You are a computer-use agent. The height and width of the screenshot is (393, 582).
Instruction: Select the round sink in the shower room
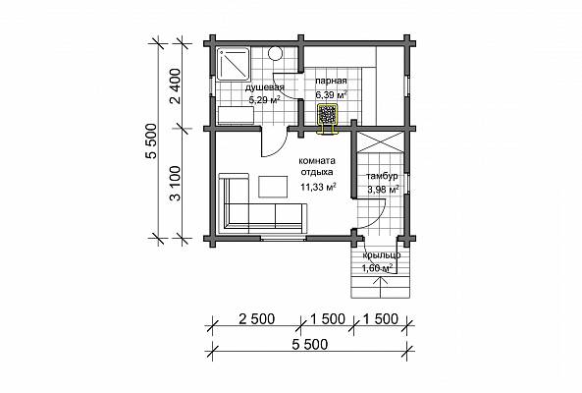pyautogui.click(x=275, y=53)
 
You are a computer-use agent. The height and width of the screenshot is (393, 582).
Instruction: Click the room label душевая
pyautogui.click(x=265, y=87)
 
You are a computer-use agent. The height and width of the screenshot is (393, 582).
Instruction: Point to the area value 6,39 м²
pyautogui.click(x=332, y=94)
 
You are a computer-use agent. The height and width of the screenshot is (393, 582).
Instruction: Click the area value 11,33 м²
pyautogui.click(x=318, y=187)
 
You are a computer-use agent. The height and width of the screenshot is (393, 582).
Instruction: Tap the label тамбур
pyautogui.click(x=382, y=176)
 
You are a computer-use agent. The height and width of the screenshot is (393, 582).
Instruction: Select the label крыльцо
pyautogui.click(x=381, y=255)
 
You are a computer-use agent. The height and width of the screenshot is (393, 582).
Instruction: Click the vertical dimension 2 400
pyautogui.click(x=176, y=85)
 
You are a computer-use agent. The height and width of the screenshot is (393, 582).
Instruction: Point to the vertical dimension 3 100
pyautogui.click(x=176, y=184)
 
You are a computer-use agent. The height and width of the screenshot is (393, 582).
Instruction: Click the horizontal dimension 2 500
pyautogui.click(x=257, y=318)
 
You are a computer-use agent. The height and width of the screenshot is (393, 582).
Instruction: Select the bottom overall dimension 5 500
pyautogui.click(x=310, y=344)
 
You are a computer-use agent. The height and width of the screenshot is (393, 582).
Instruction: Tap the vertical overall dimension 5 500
pyautogui.click(x=151, y=141)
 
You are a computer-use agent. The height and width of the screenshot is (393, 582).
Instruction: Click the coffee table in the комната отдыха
pyautogui.click(x=273, y=187)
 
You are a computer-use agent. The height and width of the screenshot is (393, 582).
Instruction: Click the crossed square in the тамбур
pyautogui.click(x=380, y=141)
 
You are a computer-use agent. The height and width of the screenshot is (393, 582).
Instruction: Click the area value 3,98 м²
pyautogui.click(x=383, y=190)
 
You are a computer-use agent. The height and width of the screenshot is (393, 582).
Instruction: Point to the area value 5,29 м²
pyautogui.click(x=264, y=100)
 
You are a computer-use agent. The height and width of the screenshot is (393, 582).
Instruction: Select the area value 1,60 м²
pyautogui.click(x=377, y=268)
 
